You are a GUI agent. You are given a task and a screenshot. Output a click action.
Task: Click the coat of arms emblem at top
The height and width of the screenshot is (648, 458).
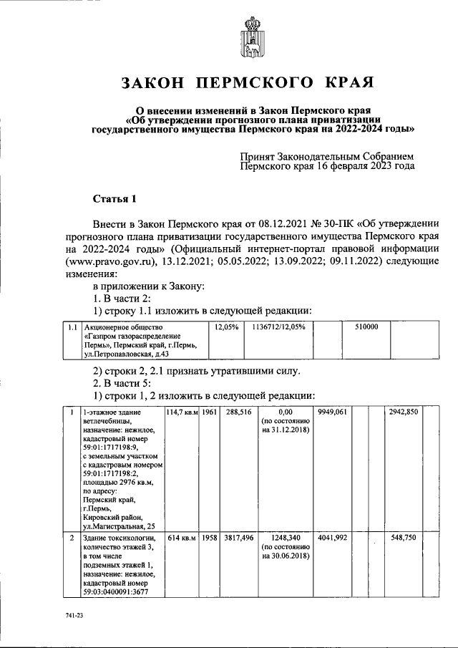coord(251,39)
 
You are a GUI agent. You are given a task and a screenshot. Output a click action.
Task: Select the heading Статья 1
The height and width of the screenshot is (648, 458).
coord(114,198)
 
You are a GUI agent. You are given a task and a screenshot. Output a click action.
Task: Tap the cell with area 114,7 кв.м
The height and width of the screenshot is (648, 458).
coord(182,412)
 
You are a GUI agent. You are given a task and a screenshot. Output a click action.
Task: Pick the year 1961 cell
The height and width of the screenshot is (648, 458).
coord(209,412)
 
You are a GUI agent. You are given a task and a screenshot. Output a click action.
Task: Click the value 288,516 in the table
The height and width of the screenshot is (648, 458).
coord(237,412)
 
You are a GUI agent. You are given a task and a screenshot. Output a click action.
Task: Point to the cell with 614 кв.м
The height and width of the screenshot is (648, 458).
coord(182,537)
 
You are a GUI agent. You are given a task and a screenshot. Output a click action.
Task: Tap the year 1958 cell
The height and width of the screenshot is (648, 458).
coord(209,537)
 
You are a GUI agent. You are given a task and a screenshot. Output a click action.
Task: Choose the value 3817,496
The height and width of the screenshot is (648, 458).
coord(237,537)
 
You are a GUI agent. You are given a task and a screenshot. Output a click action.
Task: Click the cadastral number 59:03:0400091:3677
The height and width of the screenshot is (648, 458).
coord(120,592)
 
